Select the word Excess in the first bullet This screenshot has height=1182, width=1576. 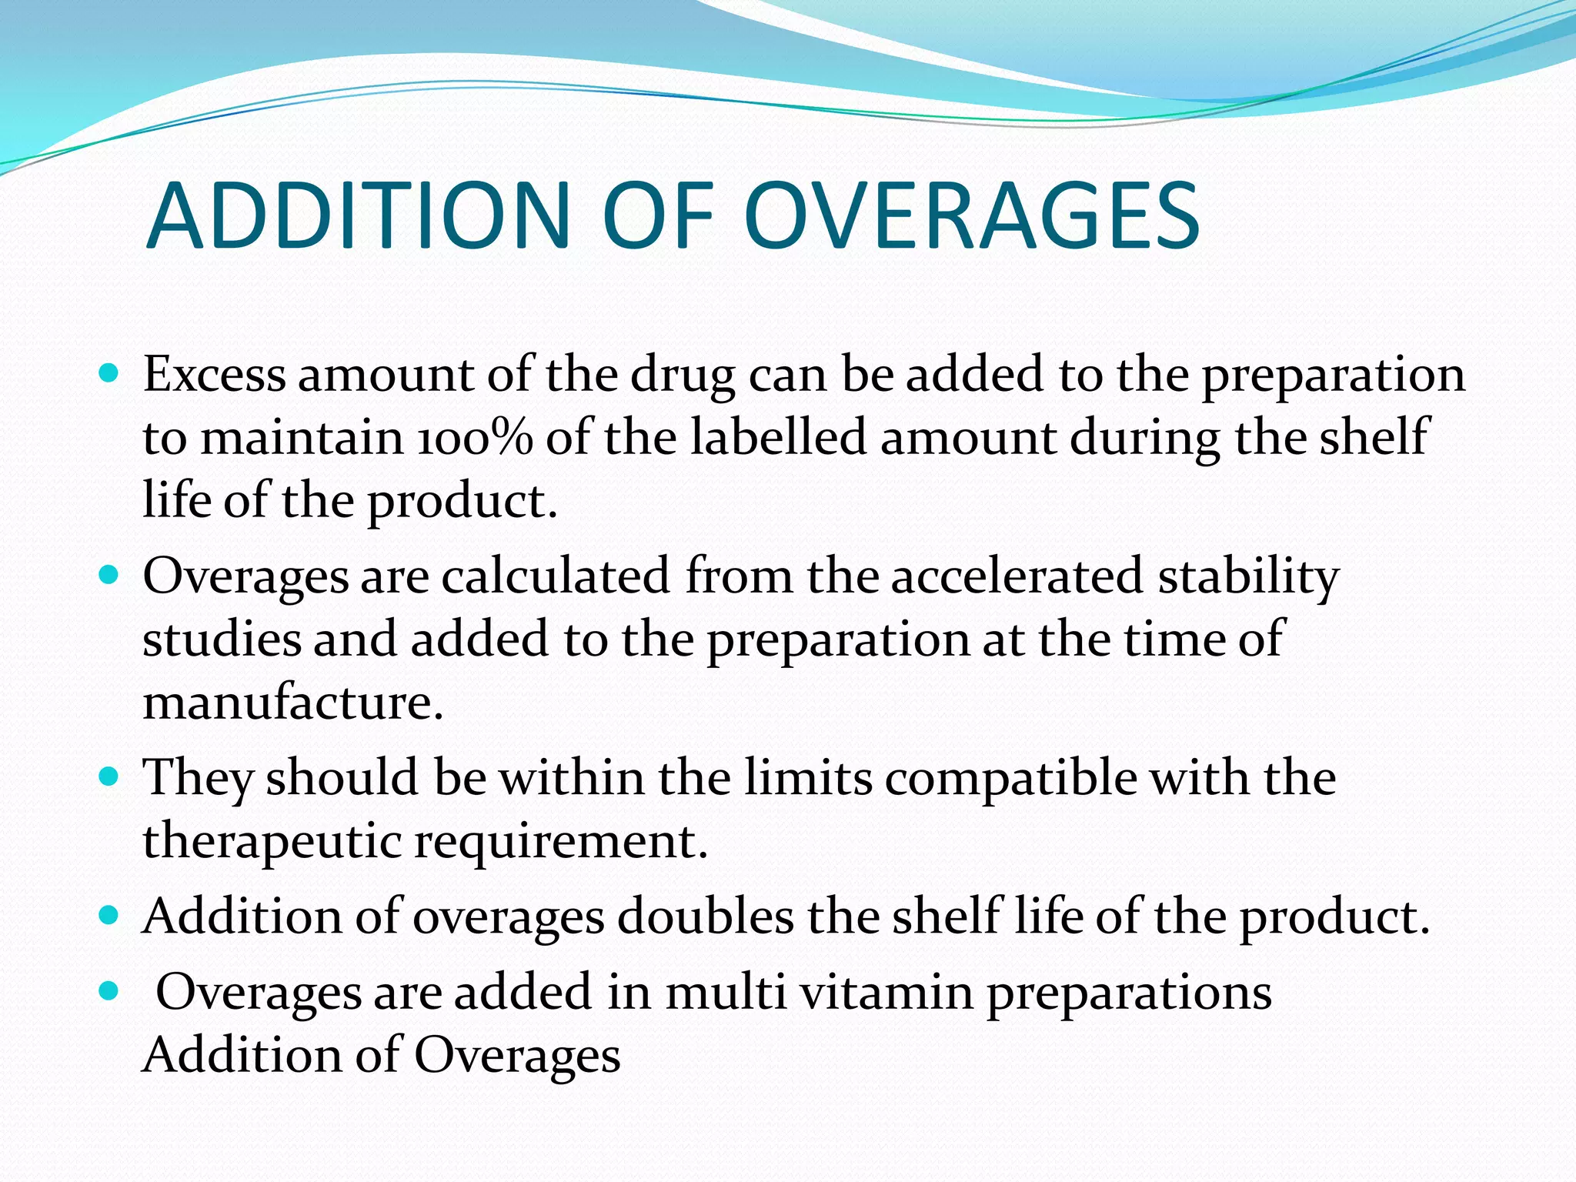tap(214, 375)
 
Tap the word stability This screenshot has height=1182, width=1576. tap(1248, 578)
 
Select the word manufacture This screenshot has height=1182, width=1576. tap(292, 703)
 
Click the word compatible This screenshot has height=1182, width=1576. tap(1010, 778)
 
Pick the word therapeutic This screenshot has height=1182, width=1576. tap(272, 841)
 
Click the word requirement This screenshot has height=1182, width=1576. tap(561, 841)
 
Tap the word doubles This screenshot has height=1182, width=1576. tap(705, 917)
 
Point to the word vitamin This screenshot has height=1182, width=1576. tap(887, 992)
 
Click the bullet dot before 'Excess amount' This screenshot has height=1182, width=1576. tap(109, 375)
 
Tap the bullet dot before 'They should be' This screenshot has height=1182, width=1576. tap(109, 776)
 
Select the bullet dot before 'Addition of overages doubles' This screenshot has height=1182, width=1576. tap(109, 916)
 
